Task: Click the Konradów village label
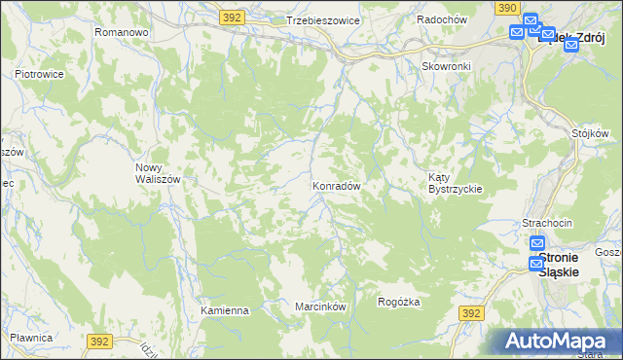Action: pos(338,185)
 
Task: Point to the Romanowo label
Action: pos(121,32)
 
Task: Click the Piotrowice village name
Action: pos(39,73)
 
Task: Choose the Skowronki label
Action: pos(446,66)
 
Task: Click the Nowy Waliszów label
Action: pos(156,172)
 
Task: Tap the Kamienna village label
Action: pos(225,310)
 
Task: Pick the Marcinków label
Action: pos(321,306)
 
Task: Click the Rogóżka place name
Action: pos(399,303)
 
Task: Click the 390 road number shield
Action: pos(505,7)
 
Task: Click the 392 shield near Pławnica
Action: pos(99,342)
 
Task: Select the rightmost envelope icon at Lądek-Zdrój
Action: pos(571,44)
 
